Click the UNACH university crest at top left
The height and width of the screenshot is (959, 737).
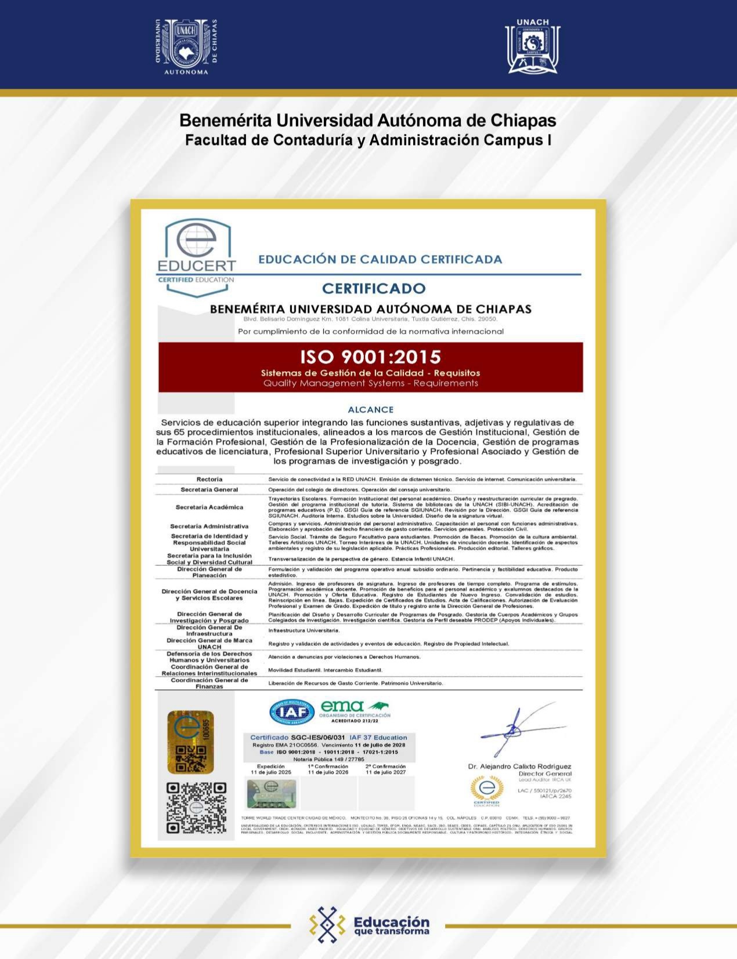tap(186, 46)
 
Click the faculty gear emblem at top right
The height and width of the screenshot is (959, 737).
tap(532, 47)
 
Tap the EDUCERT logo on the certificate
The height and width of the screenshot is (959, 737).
tap(197, 255)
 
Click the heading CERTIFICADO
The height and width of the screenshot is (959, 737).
tap(374, 288)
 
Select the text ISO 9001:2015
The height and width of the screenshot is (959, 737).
tap(370, 356)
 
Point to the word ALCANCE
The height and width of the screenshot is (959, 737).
tap(370, 409)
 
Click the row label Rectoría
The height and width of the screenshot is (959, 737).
tap(209, 479)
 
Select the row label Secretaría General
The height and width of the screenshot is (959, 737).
tap(209, 489)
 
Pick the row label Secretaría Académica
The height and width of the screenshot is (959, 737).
tap(209, 507)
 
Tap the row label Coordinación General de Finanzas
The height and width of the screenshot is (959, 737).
tap(209, 683)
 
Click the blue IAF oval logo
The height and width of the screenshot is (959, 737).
tap(292, 712)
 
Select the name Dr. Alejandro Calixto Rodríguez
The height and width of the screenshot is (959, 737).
tap(519, 766)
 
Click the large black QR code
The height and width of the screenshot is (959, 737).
tap(196, 808)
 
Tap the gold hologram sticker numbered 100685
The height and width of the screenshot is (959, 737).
tap(190, 742)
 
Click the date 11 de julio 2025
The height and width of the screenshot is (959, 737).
tap(270, 772)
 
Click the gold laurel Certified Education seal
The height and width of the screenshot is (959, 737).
tap(486, 790)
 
